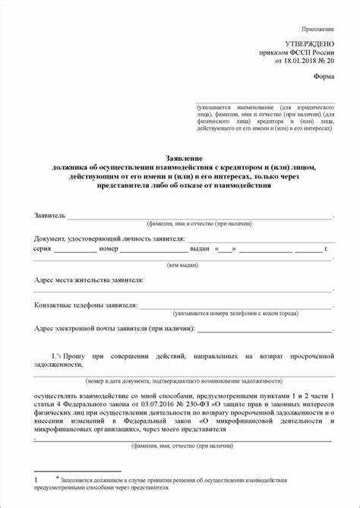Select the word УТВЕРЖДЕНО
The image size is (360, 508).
click(309, 46)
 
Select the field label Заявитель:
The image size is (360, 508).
click(51, 216)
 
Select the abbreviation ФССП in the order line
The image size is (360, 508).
click(299, 54)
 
